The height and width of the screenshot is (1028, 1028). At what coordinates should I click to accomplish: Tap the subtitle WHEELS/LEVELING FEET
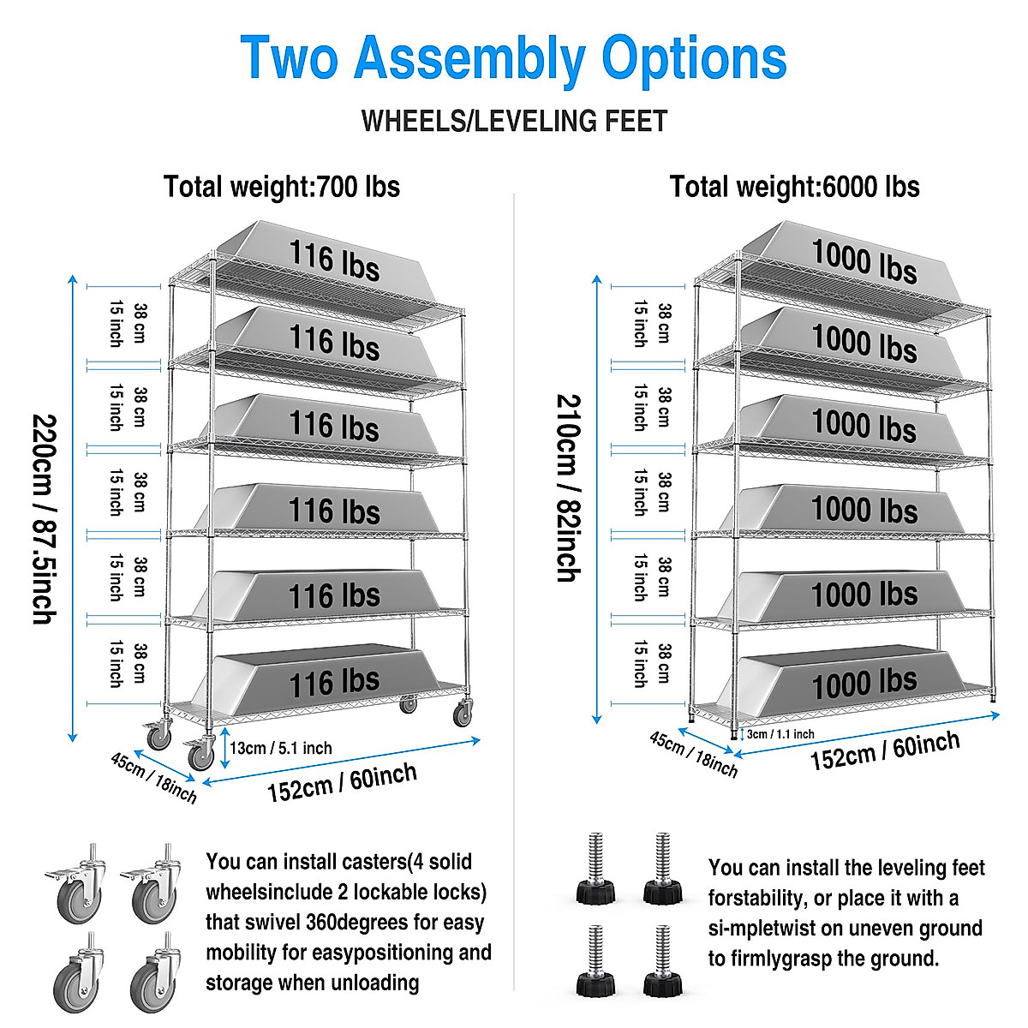pos(514,122)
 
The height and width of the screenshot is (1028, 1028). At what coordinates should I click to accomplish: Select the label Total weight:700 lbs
pos(282,187)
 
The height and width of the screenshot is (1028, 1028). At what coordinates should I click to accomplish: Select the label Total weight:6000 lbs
pos(794,187)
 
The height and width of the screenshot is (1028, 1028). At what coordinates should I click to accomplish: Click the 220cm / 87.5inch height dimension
pos(45,518)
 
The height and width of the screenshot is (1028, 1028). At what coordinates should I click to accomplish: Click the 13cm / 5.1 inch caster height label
pos(280,748)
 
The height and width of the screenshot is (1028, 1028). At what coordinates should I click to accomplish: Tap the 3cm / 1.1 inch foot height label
pos(780,734)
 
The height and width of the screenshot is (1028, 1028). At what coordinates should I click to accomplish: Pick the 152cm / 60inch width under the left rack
pos(342,782)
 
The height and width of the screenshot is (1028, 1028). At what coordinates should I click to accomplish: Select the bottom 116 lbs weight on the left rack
pos(334,682)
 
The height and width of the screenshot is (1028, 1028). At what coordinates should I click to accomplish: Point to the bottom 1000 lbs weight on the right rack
pos(864,683)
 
